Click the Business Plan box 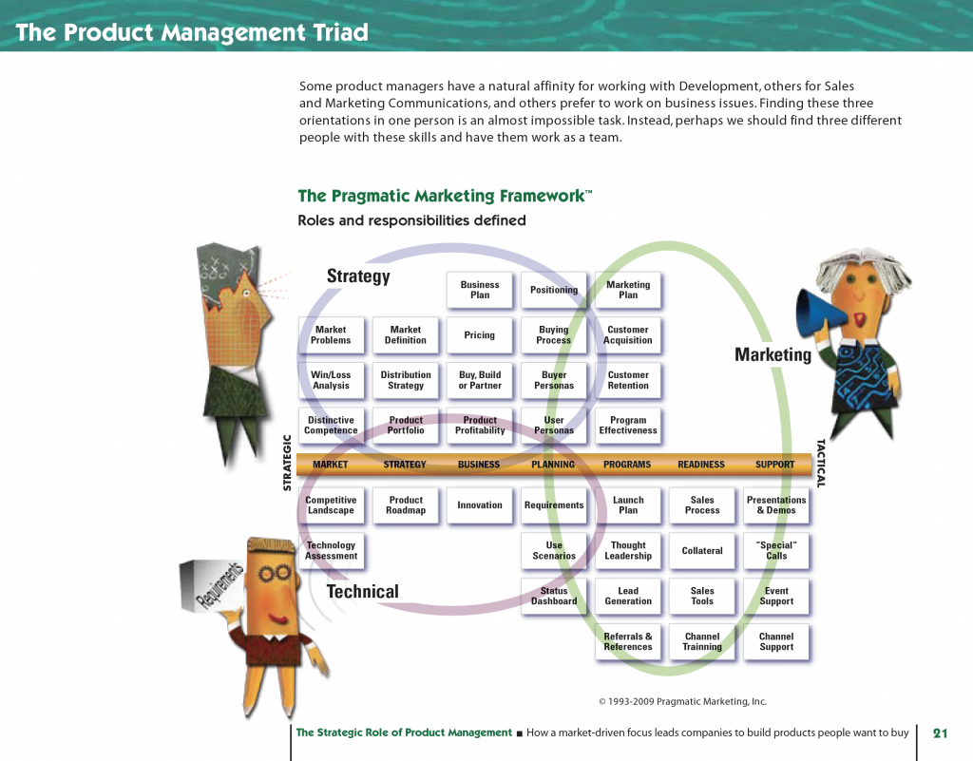(x=480, y=290)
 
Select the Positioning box (x=554, y=290)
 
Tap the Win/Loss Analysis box (x=331, y=380)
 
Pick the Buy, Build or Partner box (x=480, y=380)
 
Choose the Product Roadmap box (x=406, y=505)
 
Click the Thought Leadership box (x=628, y=551)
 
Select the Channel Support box (x=776, y=642)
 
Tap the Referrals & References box (x=628, y=642)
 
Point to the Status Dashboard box (x=554, y=597)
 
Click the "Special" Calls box (x=776, y=551)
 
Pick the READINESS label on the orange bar (x=701, y=465)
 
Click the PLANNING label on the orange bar (x=553, y=465)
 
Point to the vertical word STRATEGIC (x=287, y=463)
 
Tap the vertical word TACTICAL (x=822, y=463)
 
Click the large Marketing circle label (x=773, y=354)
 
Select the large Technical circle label (x=363, y=592)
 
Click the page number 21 (x=941, y=732)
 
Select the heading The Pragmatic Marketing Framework (x=445, y=196)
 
